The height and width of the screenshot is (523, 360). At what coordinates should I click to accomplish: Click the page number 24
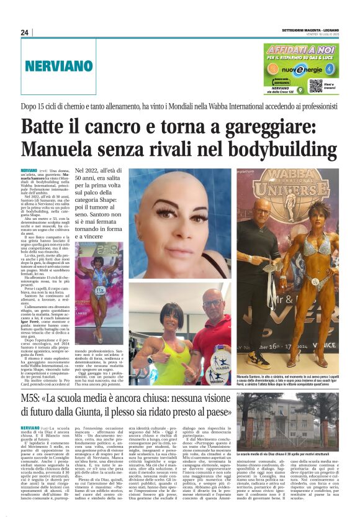click(x=24, y=32)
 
